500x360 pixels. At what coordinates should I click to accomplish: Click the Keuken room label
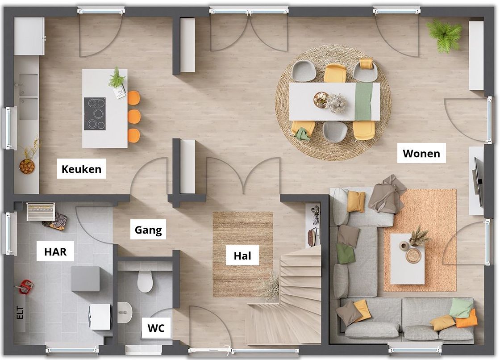[81, 169]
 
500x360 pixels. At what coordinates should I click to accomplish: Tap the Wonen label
[421, 154]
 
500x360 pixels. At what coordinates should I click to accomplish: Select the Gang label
[148, 230]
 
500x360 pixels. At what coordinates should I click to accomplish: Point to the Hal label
[242, 255]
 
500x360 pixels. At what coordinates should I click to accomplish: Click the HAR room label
[55, 252]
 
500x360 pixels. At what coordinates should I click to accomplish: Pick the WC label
[156, 328]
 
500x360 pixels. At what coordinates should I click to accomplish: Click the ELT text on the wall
[20, 313]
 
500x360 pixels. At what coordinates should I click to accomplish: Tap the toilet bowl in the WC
[145, 281]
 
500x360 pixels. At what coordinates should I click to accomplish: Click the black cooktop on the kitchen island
[95, 113]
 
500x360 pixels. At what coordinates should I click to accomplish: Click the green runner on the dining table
[364, 101]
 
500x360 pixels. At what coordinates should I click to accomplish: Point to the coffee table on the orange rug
[408, 259]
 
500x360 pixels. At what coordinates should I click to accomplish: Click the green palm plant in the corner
[444, 35]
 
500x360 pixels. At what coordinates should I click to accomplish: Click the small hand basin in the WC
[125, 312]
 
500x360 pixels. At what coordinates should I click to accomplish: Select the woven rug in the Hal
[243, 254]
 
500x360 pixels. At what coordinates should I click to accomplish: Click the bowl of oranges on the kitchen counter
[27, 166]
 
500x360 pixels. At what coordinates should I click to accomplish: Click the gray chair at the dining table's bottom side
[334, 131]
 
